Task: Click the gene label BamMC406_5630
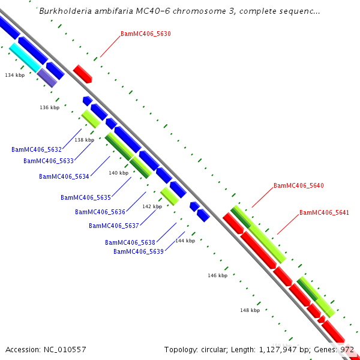pos(145,34)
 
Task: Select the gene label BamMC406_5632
pos(37,149)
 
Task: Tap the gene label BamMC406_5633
pos(49,161)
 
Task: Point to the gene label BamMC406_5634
pos(64,176)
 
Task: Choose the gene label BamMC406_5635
pos(86,197)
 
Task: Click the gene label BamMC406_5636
pos(100,212)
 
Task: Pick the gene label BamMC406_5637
pos(114,226)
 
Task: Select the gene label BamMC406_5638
pos(130,242)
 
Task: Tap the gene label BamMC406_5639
pos(139,251)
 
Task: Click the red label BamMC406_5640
pos(298,186)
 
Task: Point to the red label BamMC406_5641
pos(324,212)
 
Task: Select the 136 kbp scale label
pos(50,107)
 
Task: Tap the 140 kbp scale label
pos(118,173)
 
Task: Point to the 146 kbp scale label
pos(217,275)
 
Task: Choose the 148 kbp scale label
pos(250,310)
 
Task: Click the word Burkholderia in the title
pos(65,11)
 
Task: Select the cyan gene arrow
pos(23,58)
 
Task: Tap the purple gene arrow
pos(47,77)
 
